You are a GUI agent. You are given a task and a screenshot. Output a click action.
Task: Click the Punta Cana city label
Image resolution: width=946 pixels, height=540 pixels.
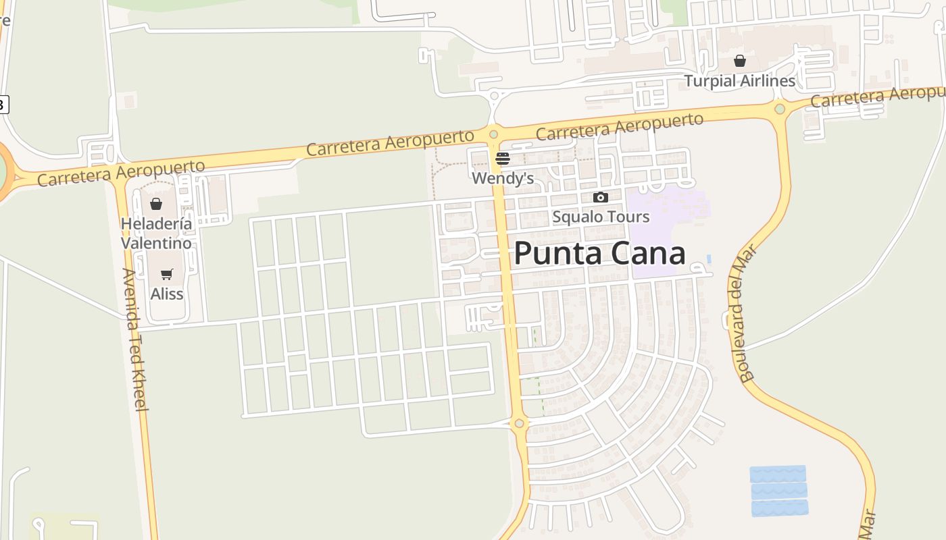coord(599,254)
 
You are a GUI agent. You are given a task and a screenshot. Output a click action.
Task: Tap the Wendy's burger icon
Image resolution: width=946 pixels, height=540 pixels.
coord(502,159)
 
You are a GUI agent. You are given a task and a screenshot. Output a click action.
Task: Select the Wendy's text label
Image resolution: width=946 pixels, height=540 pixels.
coord(503,178)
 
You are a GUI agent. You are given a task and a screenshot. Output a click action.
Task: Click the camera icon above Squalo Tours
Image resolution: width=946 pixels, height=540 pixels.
coord(600,198)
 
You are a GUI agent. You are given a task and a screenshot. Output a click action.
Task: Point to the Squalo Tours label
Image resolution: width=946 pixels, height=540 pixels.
coord(601,217)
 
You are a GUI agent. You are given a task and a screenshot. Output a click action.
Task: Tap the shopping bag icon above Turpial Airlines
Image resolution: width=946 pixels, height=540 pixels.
coord(740,61)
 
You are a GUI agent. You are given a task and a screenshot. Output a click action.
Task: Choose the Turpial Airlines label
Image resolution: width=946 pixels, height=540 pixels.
coord(740,81)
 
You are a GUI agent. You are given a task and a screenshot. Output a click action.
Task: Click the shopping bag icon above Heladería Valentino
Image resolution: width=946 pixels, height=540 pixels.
coord(156,204)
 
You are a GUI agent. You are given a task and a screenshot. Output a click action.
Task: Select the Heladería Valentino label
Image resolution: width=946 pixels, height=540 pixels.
coord(156,233)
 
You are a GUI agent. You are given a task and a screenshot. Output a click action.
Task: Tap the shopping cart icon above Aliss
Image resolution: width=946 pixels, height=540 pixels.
coord(167,275)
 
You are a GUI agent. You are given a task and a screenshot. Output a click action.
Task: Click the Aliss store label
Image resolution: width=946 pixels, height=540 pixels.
coord(167,294)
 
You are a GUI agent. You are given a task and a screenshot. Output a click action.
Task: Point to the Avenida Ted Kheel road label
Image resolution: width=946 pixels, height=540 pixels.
coord(135,339)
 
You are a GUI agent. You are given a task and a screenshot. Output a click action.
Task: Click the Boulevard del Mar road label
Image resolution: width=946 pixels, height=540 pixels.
coord(745,313)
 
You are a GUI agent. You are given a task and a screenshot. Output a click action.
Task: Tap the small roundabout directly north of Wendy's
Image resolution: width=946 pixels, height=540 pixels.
coord(493,134)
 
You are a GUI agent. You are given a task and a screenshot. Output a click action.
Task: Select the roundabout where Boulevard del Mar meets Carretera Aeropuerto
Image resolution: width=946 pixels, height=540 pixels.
coord(780,109)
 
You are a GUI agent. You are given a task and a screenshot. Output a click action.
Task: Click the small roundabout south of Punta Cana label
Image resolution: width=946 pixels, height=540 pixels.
coord(519,424)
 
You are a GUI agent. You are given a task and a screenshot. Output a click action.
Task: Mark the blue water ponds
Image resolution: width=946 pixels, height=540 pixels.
coord(778,491)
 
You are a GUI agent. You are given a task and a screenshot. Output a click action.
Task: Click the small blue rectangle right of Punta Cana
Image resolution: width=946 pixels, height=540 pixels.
coord(708,259)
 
